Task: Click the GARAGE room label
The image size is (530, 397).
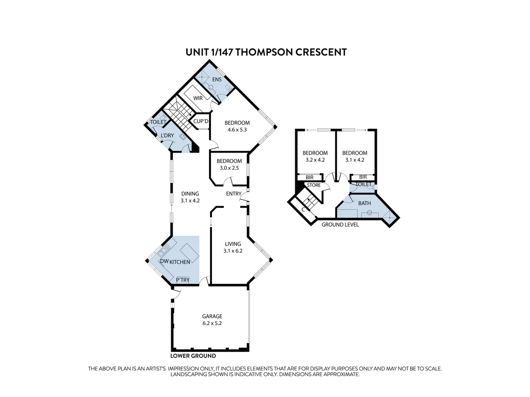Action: pyautogui.click(x=212, y=316)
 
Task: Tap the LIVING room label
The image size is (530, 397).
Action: pyautogui.click(x=233, y=244)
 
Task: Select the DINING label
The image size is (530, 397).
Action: pyautogui.click(x=190, y=194)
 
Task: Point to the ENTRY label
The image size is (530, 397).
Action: pyautogui.click(x=234, y=194)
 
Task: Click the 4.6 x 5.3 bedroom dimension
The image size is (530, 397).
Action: pyautogui.click(x=237, y=130)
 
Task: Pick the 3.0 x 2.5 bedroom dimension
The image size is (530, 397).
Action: pyautogui.click(x=229, y=168)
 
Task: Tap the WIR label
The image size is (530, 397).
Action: pyautogui.click(x=198, y=98)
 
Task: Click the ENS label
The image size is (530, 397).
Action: pyautogui.click(x=217, y=79)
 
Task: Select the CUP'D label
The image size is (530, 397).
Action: pyautogui.click(x=201, y=121)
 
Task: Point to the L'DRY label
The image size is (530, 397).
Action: pyautogui.click(x=167, y=136)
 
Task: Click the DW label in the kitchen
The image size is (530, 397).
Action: pyautogui.click(x=164, y=261)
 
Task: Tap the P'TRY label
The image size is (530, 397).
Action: pyautogui.click(x=183, y=280)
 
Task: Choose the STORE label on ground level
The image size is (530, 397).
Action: pyautogui.click(x=314, y=185)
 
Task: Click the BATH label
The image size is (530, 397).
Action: pyautogui.click(x=364, y=203)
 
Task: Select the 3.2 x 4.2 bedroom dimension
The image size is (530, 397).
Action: pyautogui.click(x=315, y=160)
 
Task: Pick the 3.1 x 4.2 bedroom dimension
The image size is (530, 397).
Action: pyautogui.click(x=355, y=160)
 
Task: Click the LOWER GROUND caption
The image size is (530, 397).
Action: pyautogui.click(x=193, y=356)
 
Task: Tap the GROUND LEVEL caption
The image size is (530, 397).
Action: pyautogui.click(x=340, y=225)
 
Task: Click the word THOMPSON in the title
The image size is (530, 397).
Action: pyautogui.click(x=264, y=52)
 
